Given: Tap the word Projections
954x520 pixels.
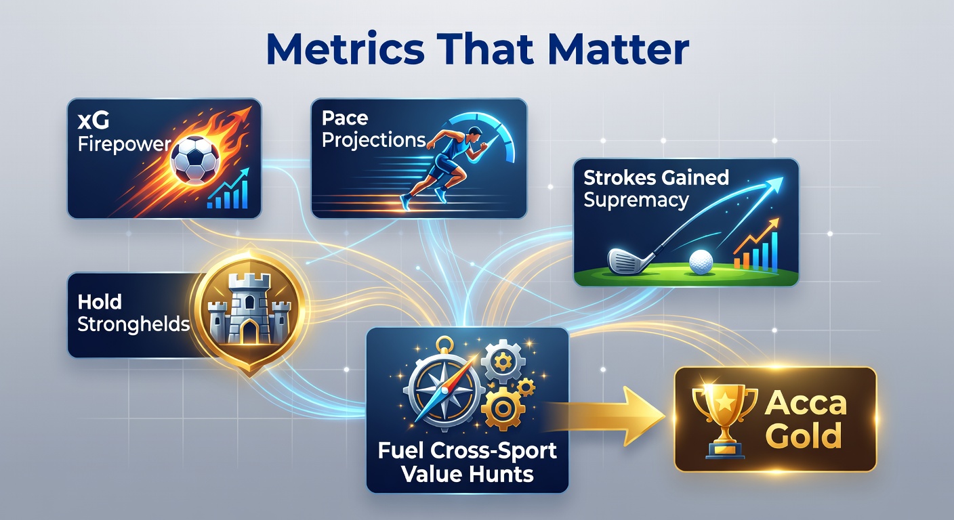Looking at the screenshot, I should click(374, 140).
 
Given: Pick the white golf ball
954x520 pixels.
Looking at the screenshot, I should click(702, 260).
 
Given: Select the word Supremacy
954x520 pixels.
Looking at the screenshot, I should click(636, 200).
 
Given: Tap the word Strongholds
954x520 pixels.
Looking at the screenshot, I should click(133, 324).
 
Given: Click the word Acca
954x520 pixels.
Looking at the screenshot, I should click(806, 404).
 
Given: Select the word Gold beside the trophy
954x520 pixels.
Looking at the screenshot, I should click(804, 435).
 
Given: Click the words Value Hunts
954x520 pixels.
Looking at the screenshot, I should click(467, 473).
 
